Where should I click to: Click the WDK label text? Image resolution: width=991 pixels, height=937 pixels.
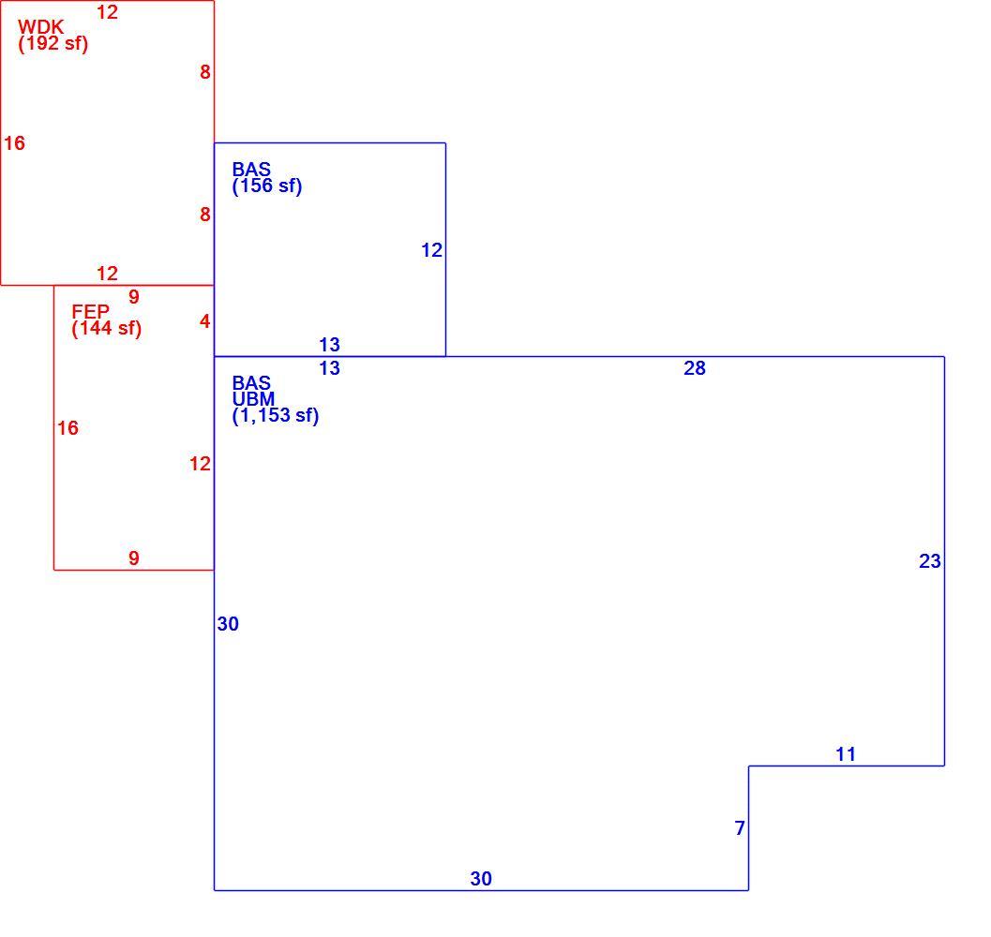pyautogui.click(x=41, y=27)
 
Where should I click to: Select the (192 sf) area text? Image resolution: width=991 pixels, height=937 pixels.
pyautogui.click(x=53, y=44)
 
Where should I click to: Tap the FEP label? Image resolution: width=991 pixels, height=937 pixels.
pyautogui.click(x=90, y=311)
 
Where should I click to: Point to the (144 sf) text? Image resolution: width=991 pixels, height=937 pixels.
pyautogui.click(x=106, y=329)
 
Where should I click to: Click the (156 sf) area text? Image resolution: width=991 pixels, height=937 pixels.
pyautogui.click(x=266, y=186)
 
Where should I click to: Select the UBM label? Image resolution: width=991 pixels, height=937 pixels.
pyautogui.click(x=253, y=399)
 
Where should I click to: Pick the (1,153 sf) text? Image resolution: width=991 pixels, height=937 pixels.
pyautogui.click(x=276, y=416)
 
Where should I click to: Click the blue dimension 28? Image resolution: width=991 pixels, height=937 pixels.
pyautogui.click(x=695, y=368)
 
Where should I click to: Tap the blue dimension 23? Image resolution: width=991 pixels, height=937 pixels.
pyautogui.click(x=930, y=561)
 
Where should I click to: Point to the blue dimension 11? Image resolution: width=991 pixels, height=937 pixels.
pyautogui.click(x=846, y=753)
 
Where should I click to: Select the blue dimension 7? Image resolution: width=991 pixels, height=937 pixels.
pyautogui.click(x=740, y=828)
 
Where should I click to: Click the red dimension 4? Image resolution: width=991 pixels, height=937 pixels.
pyautogui.click(x=204, y=321)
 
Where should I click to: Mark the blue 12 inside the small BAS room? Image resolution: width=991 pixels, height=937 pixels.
pyautogui.click(x=431, y=250)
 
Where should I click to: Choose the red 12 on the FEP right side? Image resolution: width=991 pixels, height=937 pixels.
pyautogui.click(x=200, y=464)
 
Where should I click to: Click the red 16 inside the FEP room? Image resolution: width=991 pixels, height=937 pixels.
pyautogui.click(x=68, y=428)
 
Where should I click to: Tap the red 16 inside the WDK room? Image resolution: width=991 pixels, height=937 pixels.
pyautogui.click(x=15, y=143)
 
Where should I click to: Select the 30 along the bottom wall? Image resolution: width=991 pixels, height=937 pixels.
pyautogui.click(x=481, y=879)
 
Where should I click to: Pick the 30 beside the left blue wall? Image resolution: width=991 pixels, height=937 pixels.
pyautogui.click(x=228, y=624)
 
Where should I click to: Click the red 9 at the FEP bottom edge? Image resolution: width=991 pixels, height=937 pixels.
pyautogui.click(x=134, y=558)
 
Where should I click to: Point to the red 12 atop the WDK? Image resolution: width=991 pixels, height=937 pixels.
pyautogui.click(x=108, y=12)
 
